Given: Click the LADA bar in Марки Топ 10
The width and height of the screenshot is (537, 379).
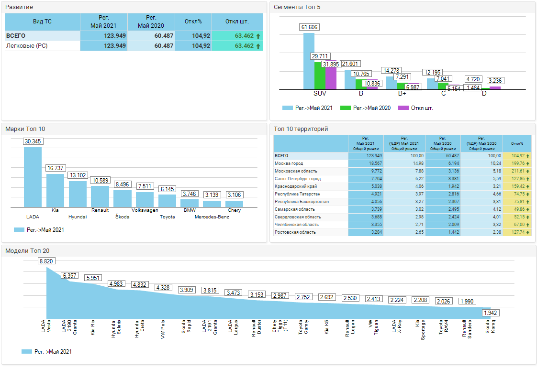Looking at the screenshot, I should click(33, 177).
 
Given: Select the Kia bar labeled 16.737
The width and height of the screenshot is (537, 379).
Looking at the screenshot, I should click(55, 190).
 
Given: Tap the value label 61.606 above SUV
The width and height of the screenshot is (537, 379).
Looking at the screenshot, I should click(310, 27).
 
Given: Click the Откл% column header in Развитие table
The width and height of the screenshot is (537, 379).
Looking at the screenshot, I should click(193, 22).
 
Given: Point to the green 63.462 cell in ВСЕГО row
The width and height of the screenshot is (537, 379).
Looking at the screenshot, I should click(237, 36).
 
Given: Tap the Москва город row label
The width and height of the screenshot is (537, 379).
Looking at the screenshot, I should click(289, 163).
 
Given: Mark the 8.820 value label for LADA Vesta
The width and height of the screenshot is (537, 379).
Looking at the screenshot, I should click(46, 261).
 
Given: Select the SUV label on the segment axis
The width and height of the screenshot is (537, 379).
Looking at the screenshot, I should click(320, 93).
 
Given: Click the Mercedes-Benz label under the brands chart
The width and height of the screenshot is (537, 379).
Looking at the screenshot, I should click(212, 217).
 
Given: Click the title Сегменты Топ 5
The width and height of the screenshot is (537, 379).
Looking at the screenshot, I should click(297, 7).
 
